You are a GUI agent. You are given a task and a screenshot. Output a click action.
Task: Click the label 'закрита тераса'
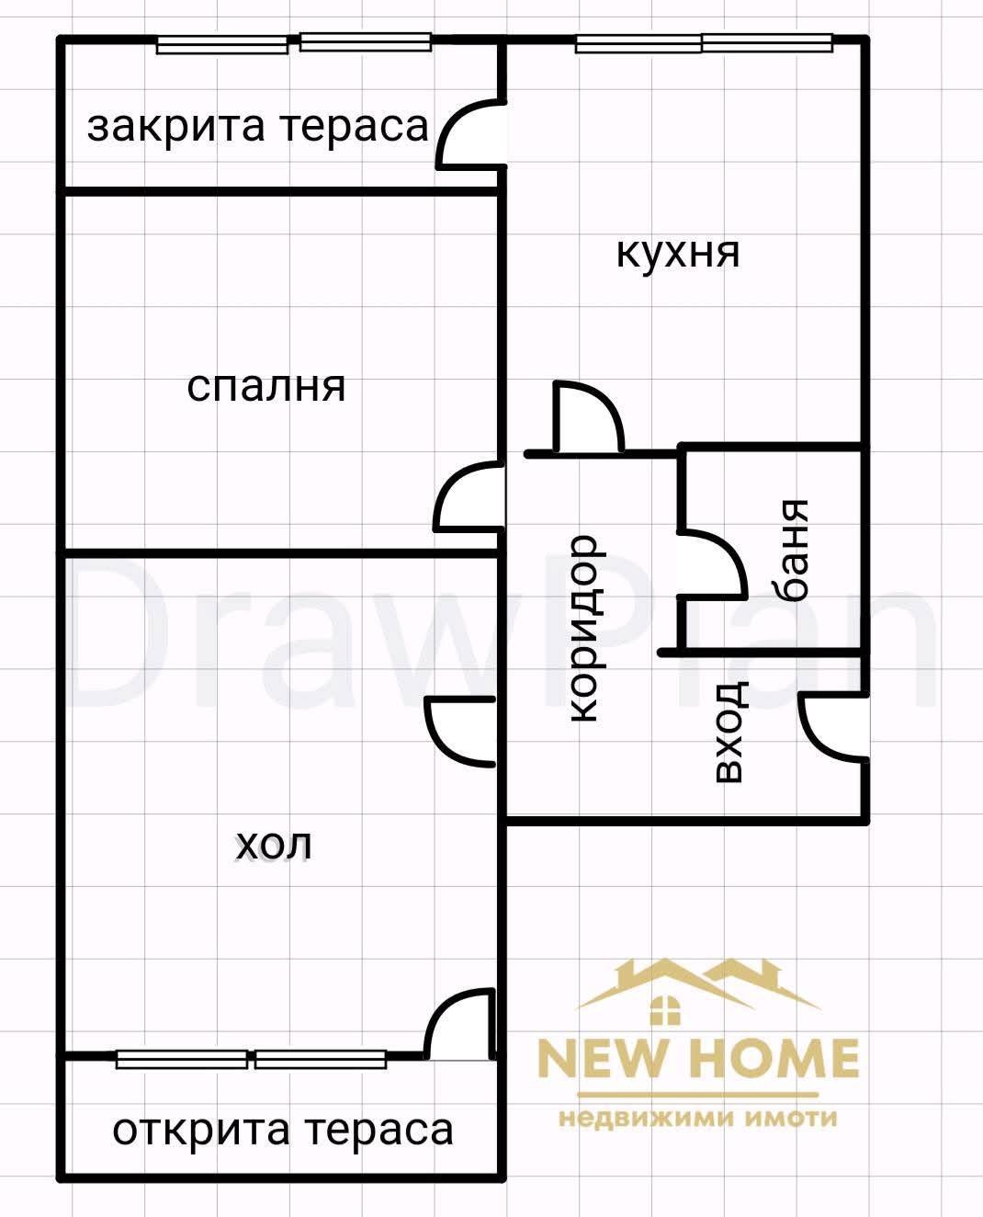[x=258, y=127]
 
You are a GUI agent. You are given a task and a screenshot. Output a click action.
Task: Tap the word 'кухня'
[x=678, y=252]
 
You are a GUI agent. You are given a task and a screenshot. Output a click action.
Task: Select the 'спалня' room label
[x=266, y=387]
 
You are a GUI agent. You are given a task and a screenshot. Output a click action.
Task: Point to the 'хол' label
[x=274, y=844]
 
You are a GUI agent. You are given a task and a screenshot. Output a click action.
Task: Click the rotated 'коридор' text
[x=583, y=629]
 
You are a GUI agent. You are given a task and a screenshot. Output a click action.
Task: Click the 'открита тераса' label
[x=282, y=1129]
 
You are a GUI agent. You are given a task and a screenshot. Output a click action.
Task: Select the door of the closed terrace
[x=471, y=134]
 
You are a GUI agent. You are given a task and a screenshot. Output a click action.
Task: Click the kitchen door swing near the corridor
[x=588, y=418]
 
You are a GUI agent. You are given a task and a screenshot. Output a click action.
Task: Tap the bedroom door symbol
[x=469, y=498]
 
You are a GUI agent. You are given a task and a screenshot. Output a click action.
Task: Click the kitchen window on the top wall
[x=703, y=42]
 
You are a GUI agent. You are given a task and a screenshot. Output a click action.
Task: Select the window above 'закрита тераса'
[x=294, y=43]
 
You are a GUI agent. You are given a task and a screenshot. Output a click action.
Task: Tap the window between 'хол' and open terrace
[x=252, y=1059]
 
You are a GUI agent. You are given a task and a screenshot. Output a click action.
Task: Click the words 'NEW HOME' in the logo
[x=698, y=1058]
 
